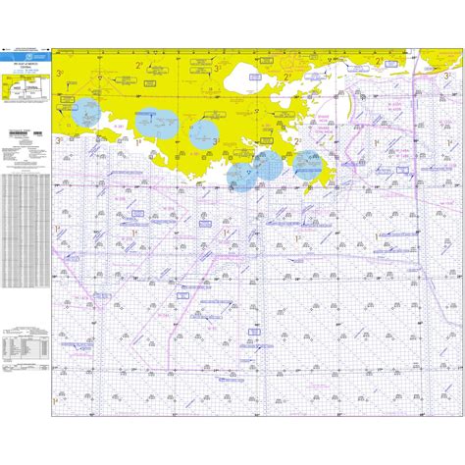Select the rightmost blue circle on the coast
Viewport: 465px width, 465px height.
308,164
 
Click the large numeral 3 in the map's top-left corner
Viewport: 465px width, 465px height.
60,74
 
